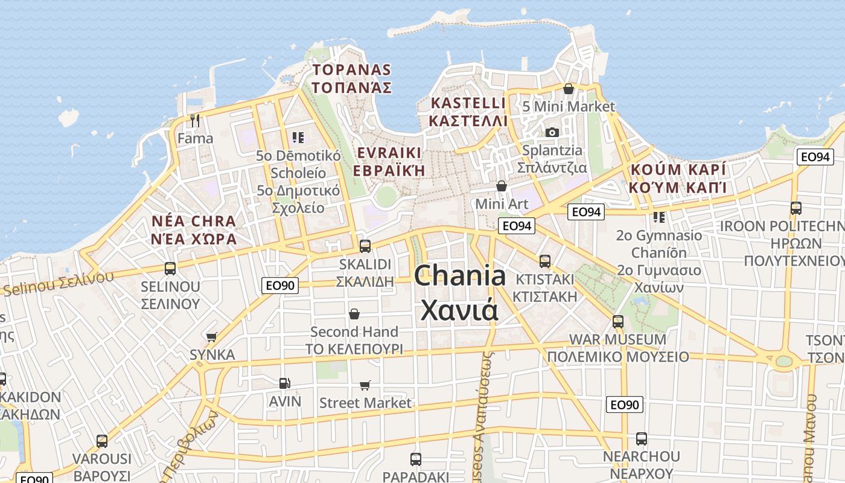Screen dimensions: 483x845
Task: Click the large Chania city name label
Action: pos(460,293)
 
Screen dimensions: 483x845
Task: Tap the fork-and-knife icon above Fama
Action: pos(194,121)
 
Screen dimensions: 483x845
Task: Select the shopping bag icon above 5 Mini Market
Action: pos(568,89)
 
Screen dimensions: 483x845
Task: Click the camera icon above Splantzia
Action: pos(552,132)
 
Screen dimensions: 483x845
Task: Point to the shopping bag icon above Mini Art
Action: pos(501,186)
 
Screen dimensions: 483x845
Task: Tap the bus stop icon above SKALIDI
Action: pos(365,246)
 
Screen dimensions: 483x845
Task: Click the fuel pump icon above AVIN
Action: pos(284,383)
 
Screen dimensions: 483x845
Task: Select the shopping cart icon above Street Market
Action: pos(365,385)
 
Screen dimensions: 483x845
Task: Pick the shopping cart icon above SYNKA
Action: pos(211,337)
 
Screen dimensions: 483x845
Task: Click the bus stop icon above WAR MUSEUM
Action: pos(617,321)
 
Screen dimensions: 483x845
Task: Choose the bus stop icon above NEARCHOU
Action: pos(641,439)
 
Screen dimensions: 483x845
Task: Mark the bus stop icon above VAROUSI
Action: pos(101,441)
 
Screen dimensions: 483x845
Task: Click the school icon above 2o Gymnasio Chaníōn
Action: pos(658,217)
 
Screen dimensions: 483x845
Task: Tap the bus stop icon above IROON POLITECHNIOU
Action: pos(796,208)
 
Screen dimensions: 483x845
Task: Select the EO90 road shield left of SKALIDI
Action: pos(280,285)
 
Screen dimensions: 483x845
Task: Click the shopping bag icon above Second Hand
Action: pos(354,314)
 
